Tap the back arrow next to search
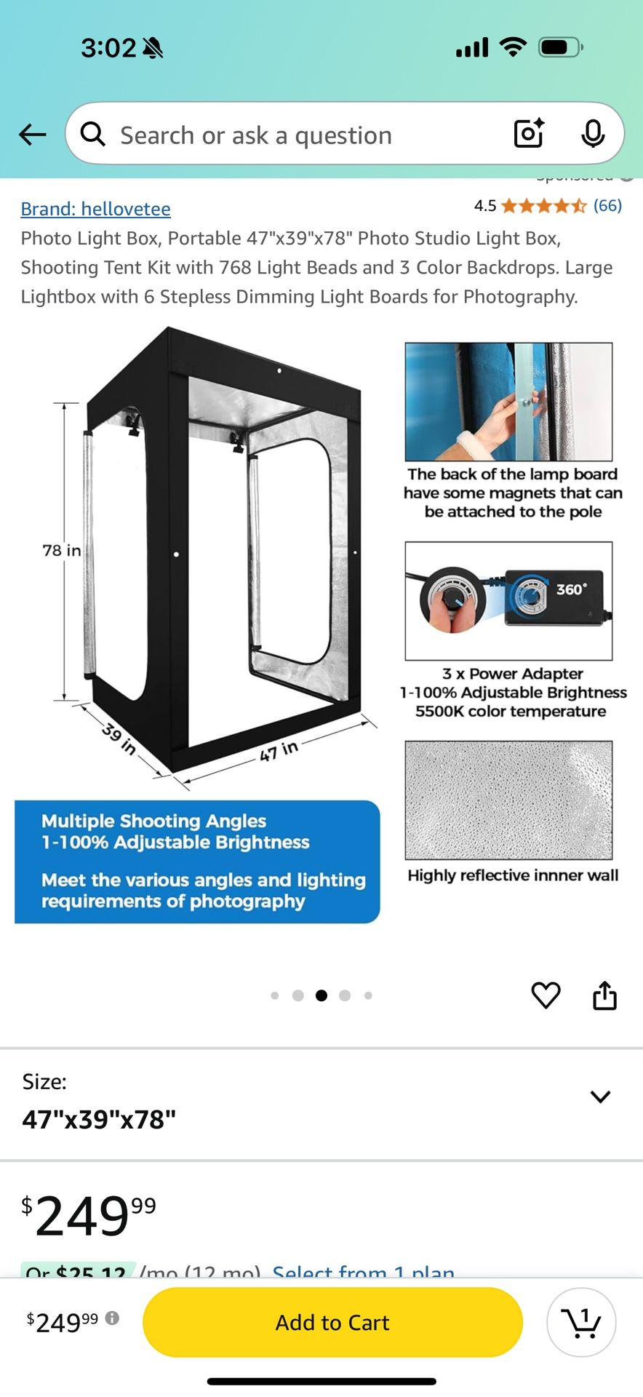[x=33, y=135]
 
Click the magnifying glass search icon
[x=92, y=134]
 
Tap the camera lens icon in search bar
[x=529, y=133]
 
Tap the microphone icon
[x=593, y=133]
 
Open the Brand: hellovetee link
[x=95, y=209]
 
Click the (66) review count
[x=607, y=205]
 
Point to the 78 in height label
[x=61, y=550]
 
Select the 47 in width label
[x=279, y=750]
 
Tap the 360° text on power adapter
[x=571, y=589]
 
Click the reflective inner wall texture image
[x=508, y=800]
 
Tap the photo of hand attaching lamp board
[x=508, y=402]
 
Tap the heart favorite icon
[x=546, y=995]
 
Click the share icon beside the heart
[x=604, y=995]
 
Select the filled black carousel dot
[x=321, y=995]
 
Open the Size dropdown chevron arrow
[x=600, y=1096]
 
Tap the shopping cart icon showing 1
[x=581, y=1322]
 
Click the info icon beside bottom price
[x=112, y=1318]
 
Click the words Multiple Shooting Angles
[x=153, y=821]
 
